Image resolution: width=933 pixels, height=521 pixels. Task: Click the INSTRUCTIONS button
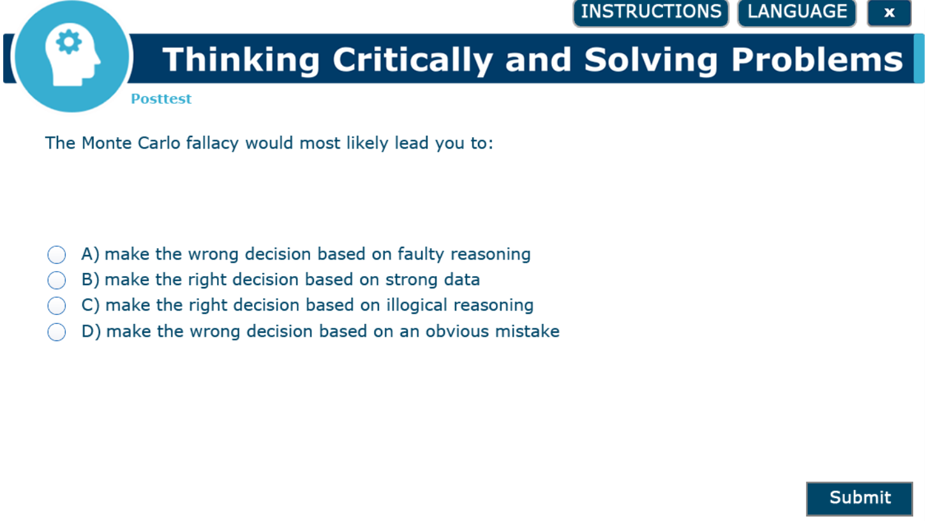click(x=650, y=12)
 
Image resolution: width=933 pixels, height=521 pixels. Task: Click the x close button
click(x=888, y=13)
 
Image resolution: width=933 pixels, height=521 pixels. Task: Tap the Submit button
click(x=859, y=498)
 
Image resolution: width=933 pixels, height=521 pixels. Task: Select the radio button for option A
click(x=57, y=254)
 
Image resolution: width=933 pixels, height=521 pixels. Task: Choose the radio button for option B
click(x=57, y=280)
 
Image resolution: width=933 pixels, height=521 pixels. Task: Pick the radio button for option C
click(x=57, y=305)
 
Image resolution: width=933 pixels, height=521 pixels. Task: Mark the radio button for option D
click(x=57, y=332)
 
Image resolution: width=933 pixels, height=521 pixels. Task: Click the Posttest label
click(x=161, y=99)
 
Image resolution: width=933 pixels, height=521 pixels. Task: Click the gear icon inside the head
click(x=69, y=43)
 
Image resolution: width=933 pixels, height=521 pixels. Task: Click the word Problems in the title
click(x=817, y=60)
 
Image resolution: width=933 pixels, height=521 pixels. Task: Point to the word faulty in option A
click(x=421, y=254)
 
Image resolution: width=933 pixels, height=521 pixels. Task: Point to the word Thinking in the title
click(x=241, y=60)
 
